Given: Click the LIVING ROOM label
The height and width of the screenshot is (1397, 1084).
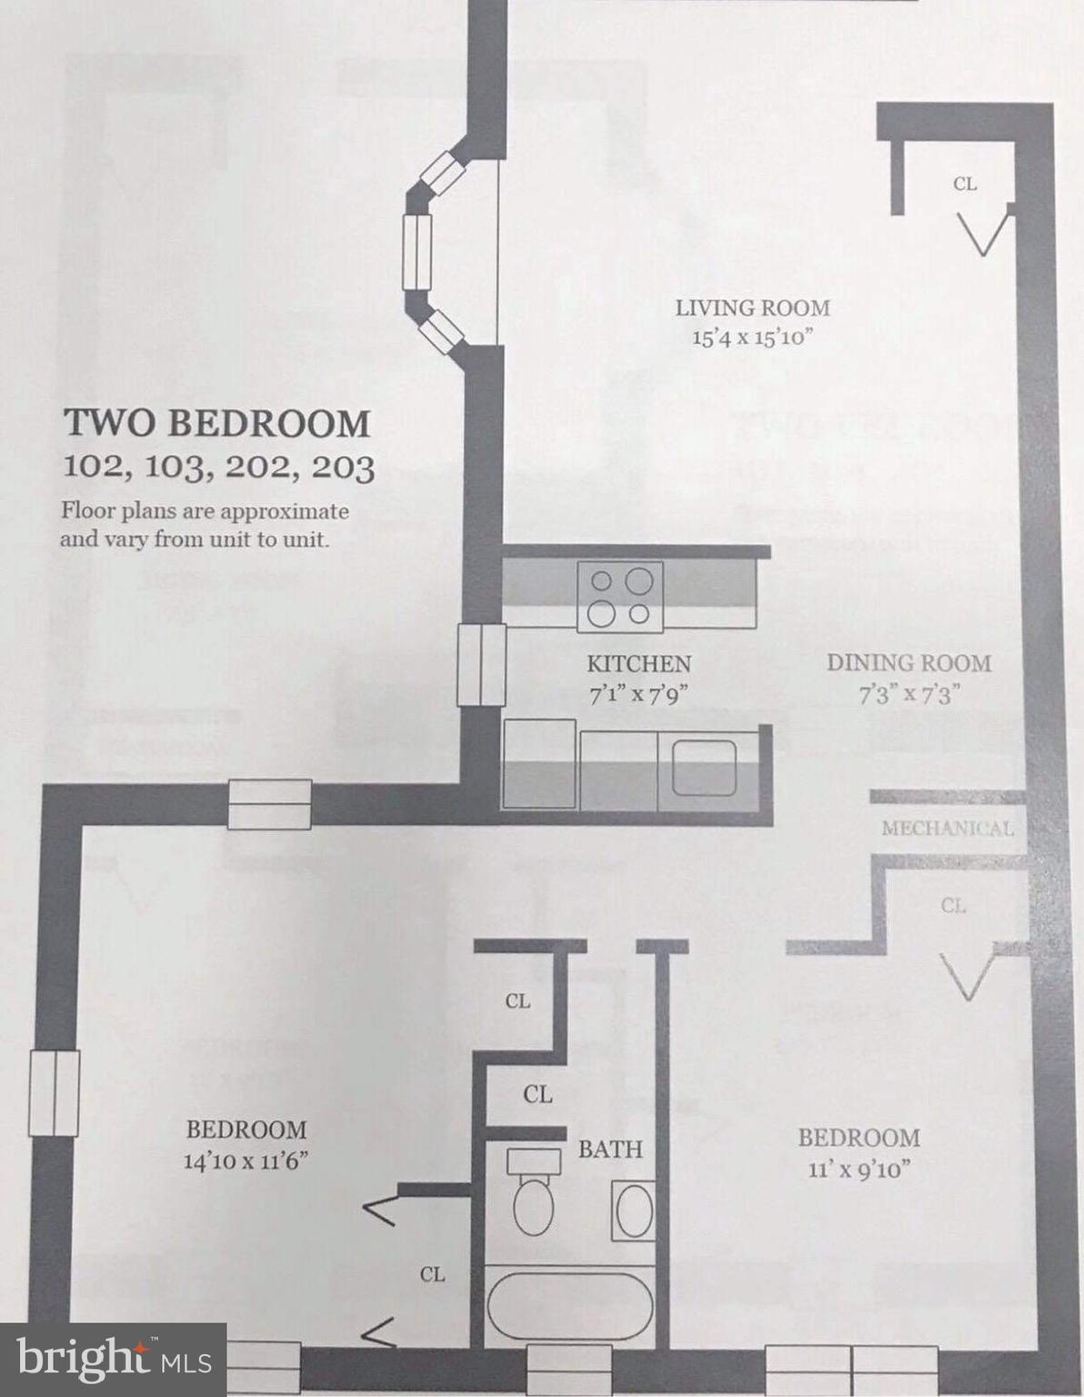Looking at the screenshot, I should (752, 308).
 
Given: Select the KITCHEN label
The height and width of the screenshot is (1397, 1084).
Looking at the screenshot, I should (638, 664).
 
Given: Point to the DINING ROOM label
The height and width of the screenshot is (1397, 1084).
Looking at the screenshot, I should (908, 663).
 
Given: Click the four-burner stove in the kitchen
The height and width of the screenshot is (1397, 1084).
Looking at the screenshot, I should (620, 597).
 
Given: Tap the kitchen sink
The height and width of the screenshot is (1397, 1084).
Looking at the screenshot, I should (704, 767).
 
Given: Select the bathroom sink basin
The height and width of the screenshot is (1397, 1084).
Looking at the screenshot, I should (634, 1211).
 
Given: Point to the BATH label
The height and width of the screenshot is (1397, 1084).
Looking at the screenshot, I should (610, 1150).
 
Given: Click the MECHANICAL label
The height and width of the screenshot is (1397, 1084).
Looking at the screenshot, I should (948, 829).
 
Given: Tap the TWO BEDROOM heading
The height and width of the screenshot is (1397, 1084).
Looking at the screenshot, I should (216, 424).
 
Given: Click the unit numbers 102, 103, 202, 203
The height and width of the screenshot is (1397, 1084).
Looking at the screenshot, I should (218, 467).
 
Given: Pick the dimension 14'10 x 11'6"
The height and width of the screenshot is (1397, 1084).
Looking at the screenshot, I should (246, 1161).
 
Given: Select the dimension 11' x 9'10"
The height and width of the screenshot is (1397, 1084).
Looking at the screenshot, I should (859, 1169).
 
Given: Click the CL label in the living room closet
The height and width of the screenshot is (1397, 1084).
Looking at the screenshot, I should (965, 184).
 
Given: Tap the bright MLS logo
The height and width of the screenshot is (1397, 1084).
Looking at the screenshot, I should (113, 1360).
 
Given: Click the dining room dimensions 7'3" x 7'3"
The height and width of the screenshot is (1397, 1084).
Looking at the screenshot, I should (909, 695).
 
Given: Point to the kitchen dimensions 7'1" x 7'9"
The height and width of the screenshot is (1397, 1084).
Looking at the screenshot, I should (638, 695).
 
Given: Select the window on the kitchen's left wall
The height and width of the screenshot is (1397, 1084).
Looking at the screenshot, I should (481, 665).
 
